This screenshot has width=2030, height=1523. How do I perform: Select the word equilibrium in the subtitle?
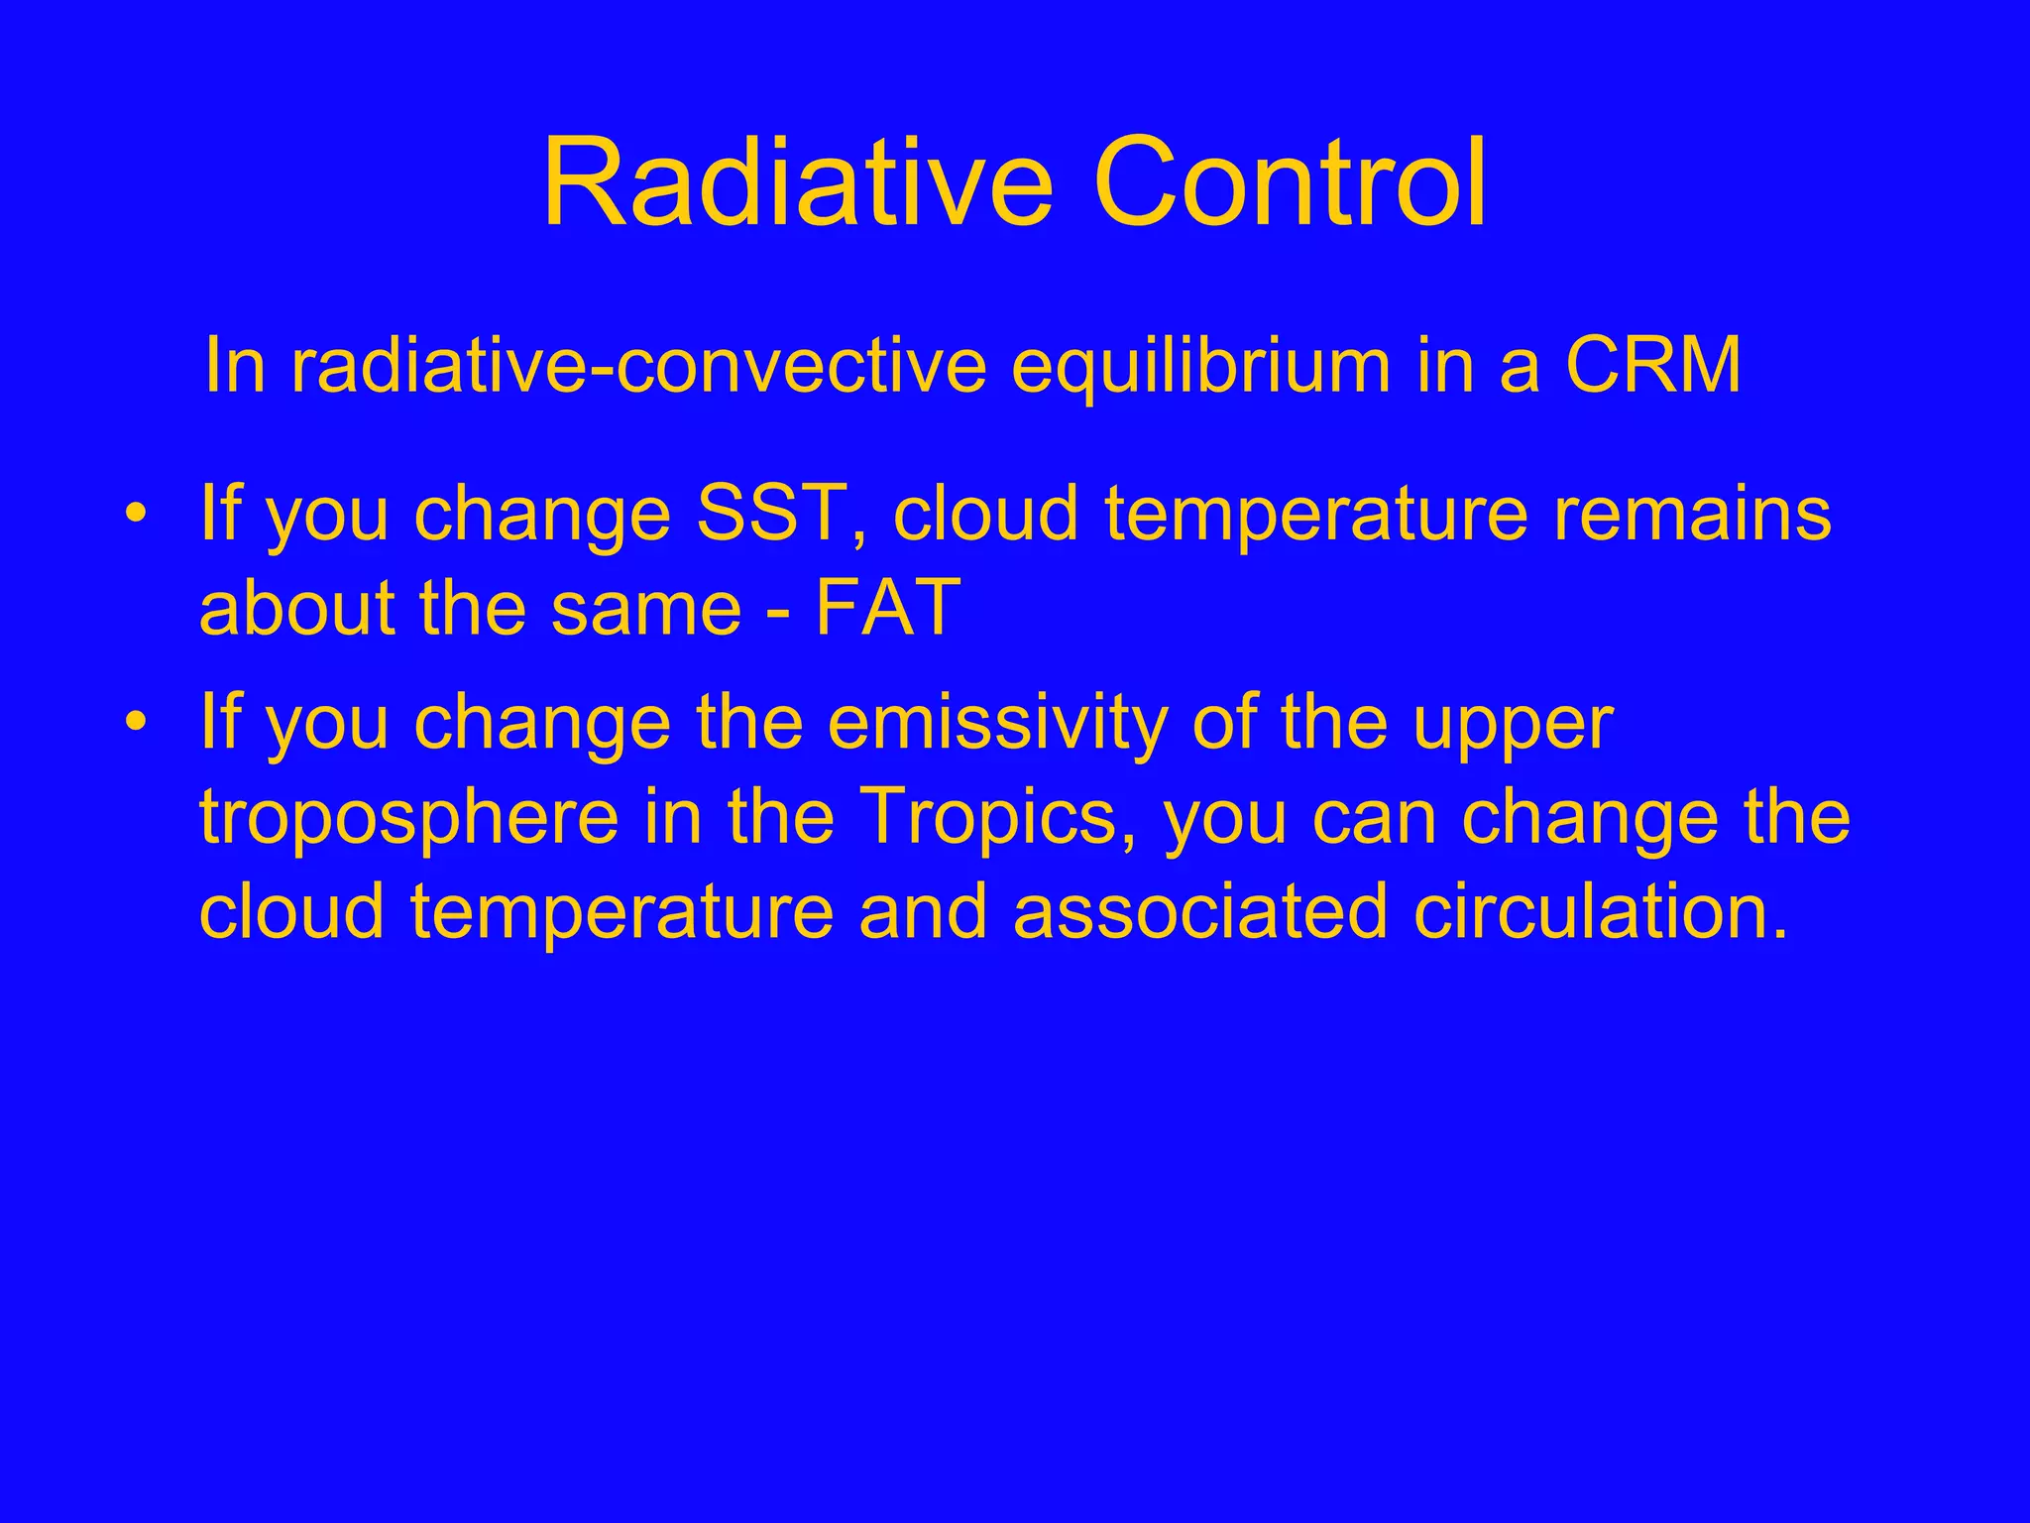[x=1201, y=367]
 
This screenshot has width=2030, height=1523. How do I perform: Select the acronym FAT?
[x=887, y=607]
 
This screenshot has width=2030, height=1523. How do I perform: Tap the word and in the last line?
[x=923, y=911]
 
